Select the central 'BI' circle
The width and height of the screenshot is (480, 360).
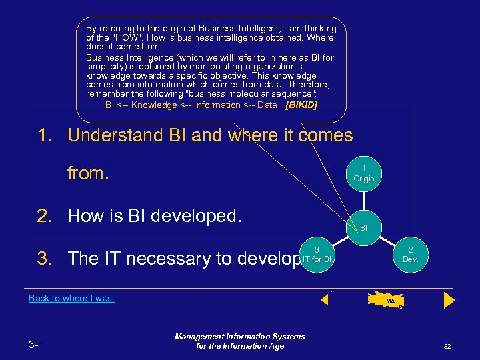point(363,227)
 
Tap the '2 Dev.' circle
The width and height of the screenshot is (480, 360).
point(410,254)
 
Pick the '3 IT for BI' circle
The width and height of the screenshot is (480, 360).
point(317,254)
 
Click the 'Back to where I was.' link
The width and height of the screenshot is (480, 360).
point(72,299)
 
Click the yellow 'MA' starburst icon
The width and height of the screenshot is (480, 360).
point(389,301)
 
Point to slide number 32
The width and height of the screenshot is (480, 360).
point(447,347)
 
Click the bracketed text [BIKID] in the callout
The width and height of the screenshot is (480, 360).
point(301,105)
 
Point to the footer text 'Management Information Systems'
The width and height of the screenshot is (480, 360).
point(240,337)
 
